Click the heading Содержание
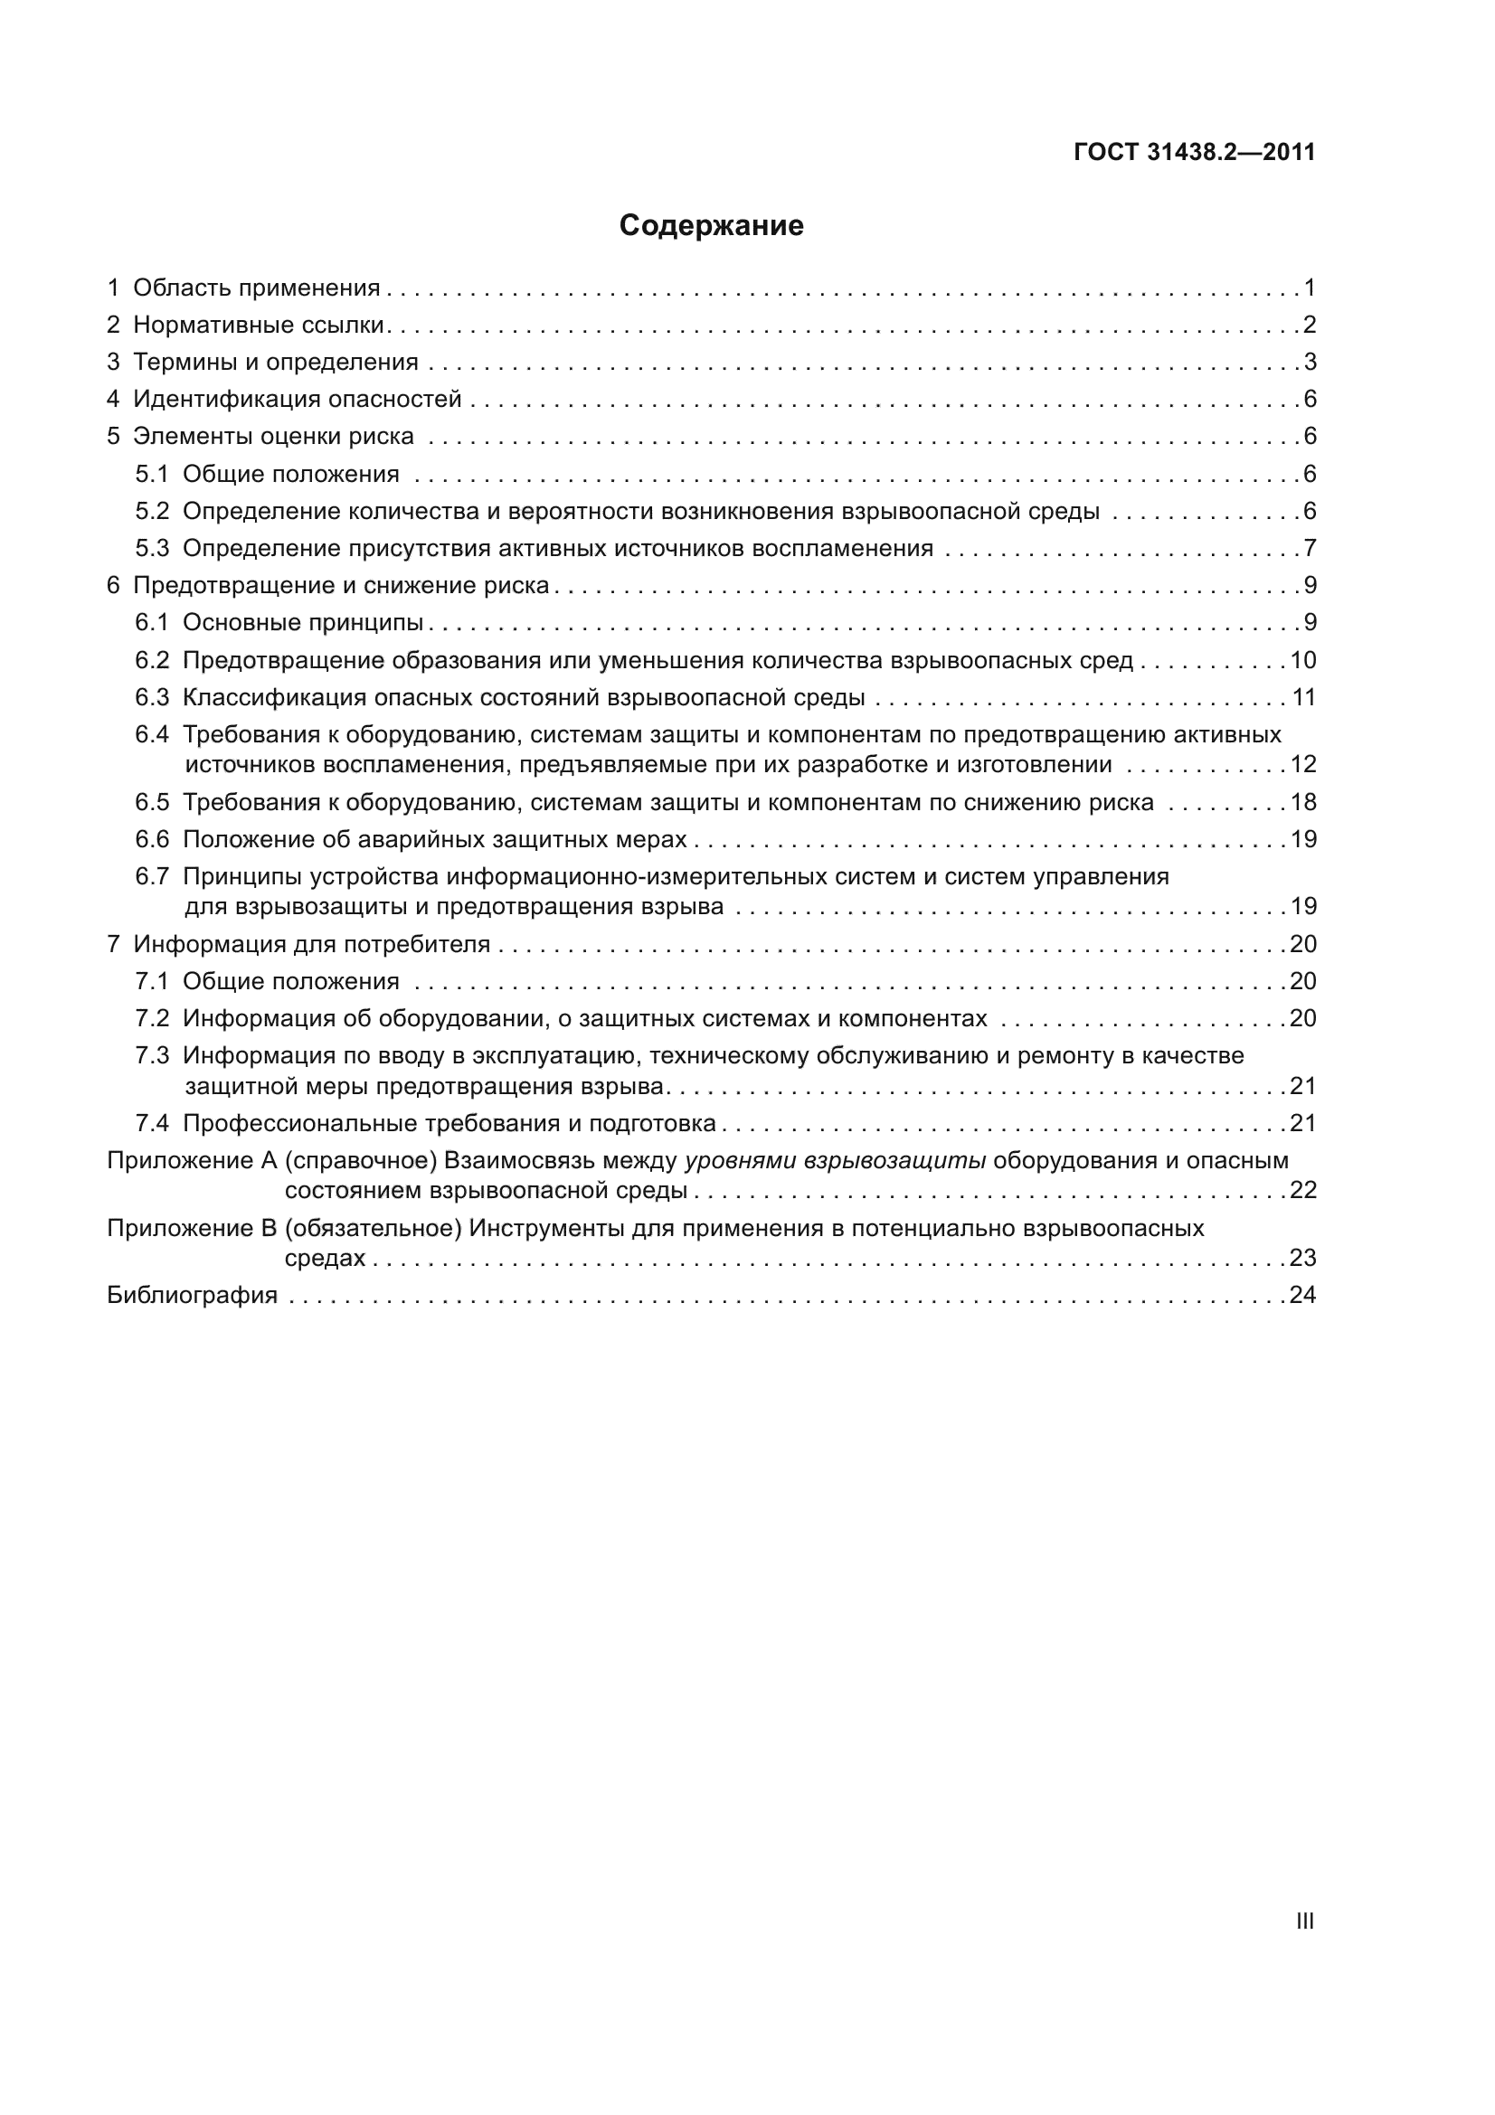710,226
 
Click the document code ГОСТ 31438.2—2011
1194,152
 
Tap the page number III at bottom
1304,1921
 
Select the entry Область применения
256,288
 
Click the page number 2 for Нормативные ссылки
1309,326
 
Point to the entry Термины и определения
276,362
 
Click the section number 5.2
152,511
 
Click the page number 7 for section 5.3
1309,549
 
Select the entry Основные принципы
302,623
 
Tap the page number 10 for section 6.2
1302,660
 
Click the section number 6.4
152,734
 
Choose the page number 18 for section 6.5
1302,802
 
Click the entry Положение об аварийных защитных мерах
434,839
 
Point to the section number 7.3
152,1055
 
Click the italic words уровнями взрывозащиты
835,1161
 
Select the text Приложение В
192,1228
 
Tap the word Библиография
192,1295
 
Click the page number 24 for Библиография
1302,1295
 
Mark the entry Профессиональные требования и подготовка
449,1123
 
